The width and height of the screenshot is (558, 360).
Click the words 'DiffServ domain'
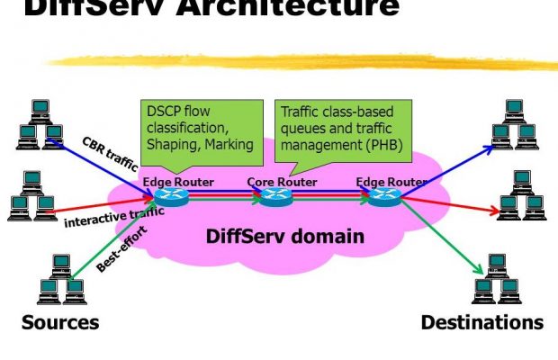285,238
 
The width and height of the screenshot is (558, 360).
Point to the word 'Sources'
60,322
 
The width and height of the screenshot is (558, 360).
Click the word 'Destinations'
481,322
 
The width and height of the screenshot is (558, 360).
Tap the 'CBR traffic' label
109,153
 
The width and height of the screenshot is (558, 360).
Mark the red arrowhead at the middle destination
493,213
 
